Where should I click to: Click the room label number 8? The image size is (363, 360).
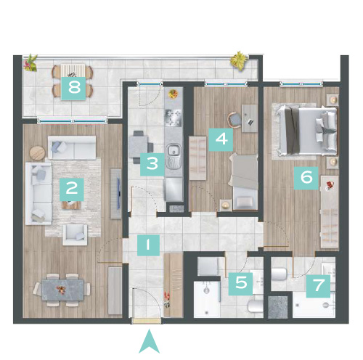point(73,89)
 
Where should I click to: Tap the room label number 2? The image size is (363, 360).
point(72,189)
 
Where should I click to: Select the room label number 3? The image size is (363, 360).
point(152,164)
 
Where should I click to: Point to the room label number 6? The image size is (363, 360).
point(306,178)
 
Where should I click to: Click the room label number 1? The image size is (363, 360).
point(148,245)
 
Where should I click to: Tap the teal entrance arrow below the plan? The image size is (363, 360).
point(149,341)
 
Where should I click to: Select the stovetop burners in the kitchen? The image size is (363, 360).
point(173,118)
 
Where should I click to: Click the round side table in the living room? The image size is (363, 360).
point(37,153)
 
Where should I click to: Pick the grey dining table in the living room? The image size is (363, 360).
point(63,290)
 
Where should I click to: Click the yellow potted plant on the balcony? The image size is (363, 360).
point(240,60)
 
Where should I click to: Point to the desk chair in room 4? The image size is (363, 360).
point(234,120)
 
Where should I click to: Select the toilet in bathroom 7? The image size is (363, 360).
point(279,274)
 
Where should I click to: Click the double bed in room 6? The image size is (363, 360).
point(307,131)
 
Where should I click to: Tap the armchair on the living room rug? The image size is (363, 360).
point(75,234)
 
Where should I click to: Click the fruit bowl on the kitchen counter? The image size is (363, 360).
point(173,94)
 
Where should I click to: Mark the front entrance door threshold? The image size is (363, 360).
point(146,321)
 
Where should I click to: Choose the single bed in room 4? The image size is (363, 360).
point(243,181)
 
